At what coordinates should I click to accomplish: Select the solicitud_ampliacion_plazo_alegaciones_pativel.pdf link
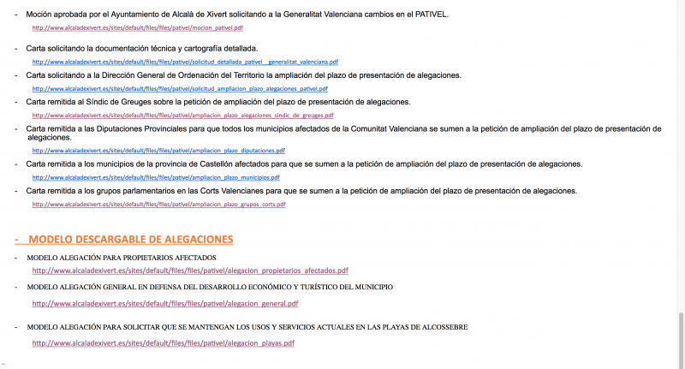pyautogui.click(x=180, y=88)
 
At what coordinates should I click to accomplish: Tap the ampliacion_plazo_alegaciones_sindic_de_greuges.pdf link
pyautogui.click(x=182, y=115)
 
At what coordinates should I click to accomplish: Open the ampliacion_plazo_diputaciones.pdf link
pyautogui.click(x=158, y=150)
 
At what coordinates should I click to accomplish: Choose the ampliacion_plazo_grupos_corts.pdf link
pyautogui.click(x=158, y=204)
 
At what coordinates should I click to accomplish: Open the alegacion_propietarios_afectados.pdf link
pyautogui.click(x=190, y=271)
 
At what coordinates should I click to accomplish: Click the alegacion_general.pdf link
pyautogui.click(x=165, y=303)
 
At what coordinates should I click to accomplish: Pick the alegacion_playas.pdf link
pyautogui.click(x=164, y=343)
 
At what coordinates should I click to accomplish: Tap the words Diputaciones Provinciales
pyautogui.click(x=140, y=128)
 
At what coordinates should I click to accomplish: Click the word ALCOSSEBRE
pyautogui.click(x=441, y=327)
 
